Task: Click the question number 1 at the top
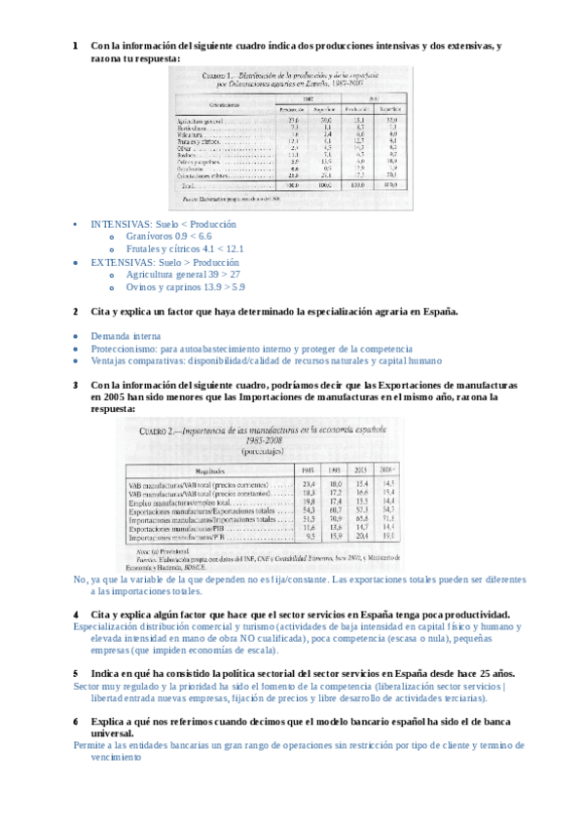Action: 76,46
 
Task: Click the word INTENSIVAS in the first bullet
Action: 116,223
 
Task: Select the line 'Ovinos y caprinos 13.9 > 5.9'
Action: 185,287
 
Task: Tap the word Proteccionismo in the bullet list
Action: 124,348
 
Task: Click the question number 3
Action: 76,385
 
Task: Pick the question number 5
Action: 76,673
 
